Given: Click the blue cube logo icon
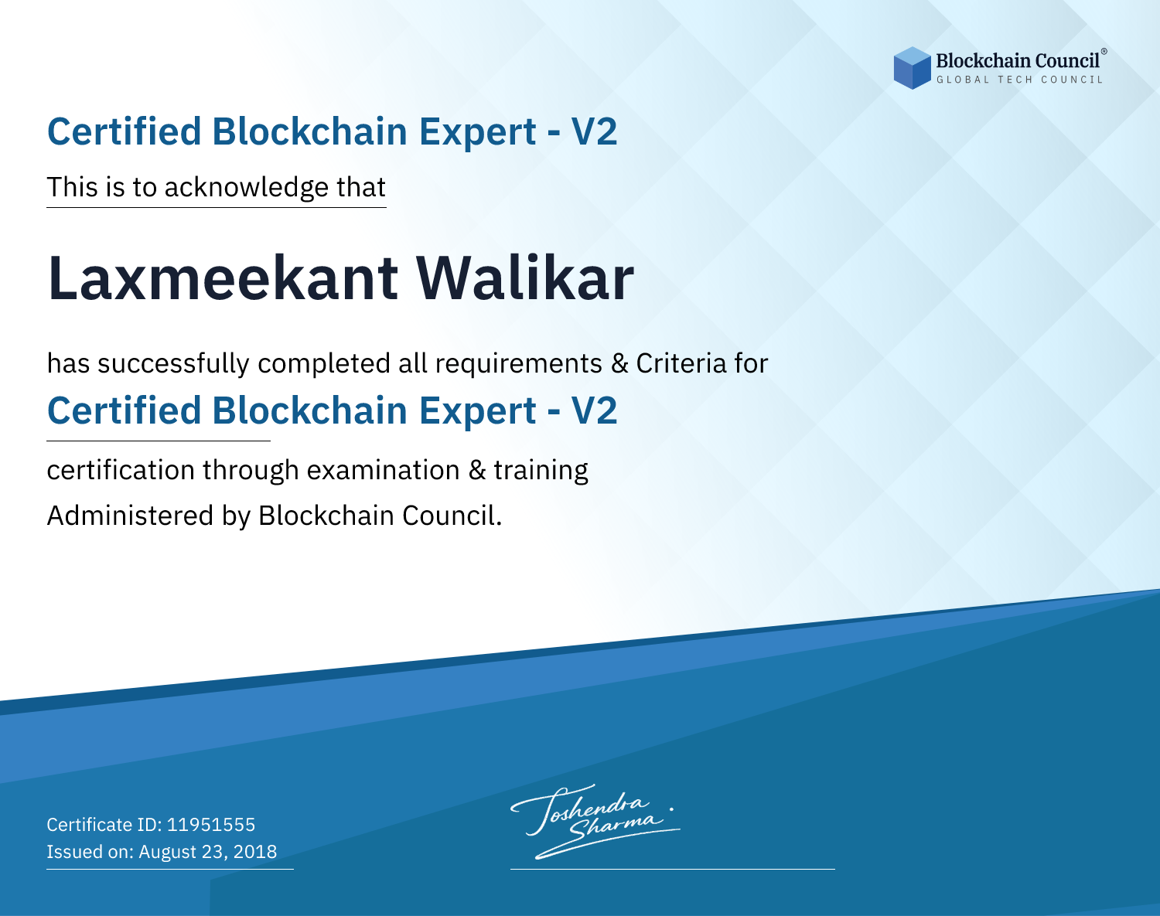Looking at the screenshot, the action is click(912, 68).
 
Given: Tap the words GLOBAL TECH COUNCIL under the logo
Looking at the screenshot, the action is click(1020, 80).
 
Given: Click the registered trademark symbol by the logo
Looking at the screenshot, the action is click(1104, 51).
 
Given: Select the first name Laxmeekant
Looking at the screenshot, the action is click(223, 278).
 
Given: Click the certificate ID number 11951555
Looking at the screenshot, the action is click(211, 824).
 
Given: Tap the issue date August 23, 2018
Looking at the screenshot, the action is click(207, 852).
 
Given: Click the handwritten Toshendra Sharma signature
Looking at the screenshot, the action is click(595, 821).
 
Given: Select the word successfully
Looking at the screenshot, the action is click(173, 364).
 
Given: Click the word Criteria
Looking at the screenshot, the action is click(681, 363).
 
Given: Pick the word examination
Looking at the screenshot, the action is click(384, 470).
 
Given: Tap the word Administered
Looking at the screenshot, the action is click(131, 515).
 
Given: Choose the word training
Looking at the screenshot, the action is click(541, 471).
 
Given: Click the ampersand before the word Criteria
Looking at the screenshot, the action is click(619, 363).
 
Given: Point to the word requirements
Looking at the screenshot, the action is click(519, 364).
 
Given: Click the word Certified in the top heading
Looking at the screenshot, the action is click(125, 131).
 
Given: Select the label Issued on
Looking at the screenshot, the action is click(90, 852).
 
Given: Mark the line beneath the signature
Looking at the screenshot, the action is click(672, 869).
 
